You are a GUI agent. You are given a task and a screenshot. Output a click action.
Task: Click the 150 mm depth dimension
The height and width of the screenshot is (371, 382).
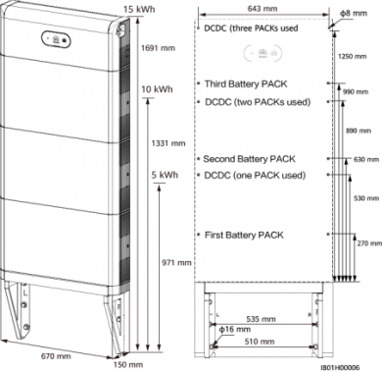point(121,363)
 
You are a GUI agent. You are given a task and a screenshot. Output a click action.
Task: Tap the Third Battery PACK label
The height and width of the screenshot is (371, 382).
point(243,85)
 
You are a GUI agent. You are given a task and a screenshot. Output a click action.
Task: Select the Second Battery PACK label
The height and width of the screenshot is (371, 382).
point(247,159)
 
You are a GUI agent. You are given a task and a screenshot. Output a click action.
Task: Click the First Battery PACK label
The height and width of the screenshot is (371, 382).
point(241,236)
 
